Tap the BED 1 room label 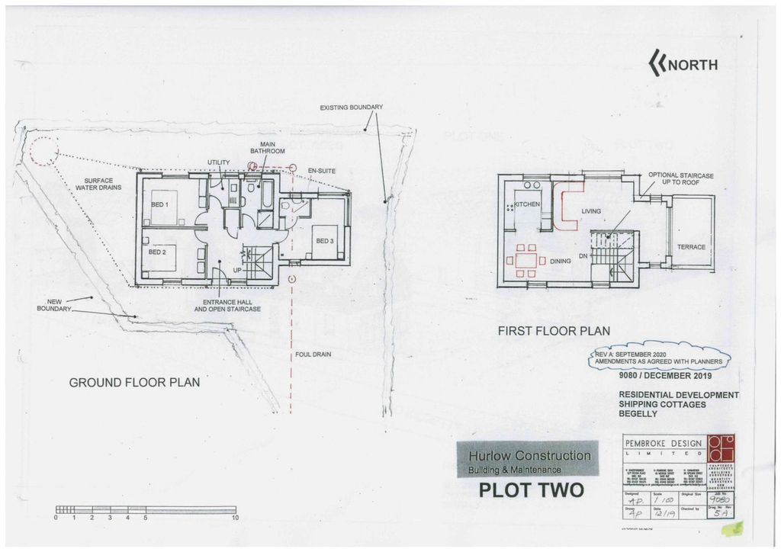[x=159, y=205]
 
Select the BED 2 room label [x=157, y=252]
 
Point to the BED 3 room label [x=325, y=241]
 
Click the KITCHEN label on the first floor [x=526, y=204]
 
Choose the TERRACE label [x=691, y=247]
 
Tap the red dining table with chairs [x=525, y=260]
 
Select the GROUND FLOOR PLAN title [x=134, y=383]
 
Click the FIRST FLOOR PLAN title [x=553, y=332]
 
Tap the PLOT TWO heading [x=531, y=489]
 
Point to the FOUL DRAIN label [x=313, y=355]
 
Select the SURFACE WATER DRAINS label [x=97, y=184]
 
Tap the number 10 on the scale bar [x=236, y=518]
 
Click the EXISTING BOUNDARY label [x=351, y=108]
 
